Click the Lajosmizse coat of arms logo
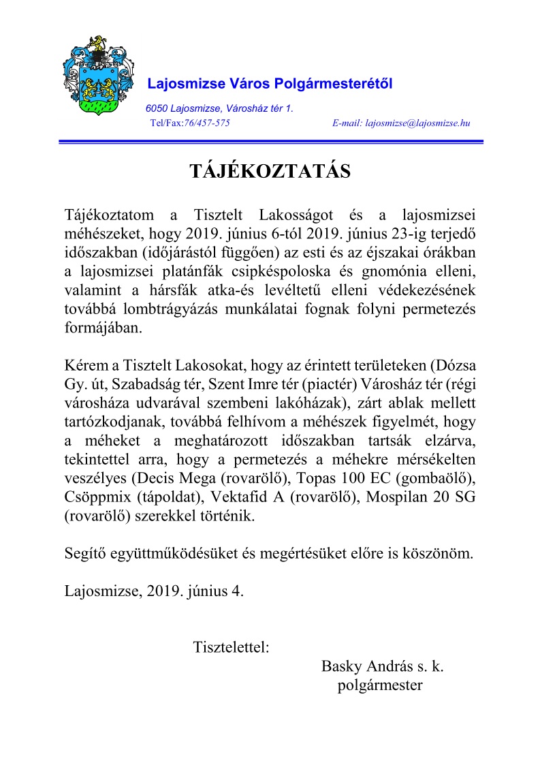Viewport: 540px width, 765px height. [x=95, y=75]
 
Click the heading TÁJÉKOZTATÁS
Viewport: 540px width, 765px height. [x=270, y=171]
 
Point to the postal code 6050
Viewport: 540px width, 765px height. [x=156, y=108]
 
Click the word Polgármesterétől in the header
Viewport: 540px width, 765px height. [x=333, y=84]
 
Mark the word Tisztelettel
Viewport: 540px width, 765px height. [x=232, y=646]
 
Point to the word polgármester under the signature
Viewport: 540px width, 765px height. [x=380, y=685]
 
